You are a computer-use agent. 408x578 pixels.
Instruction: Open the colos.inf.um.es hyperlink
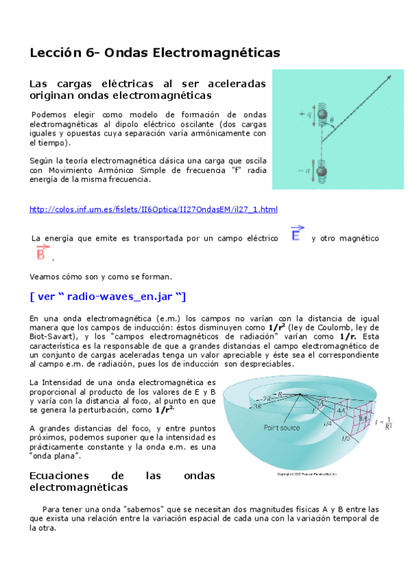153,209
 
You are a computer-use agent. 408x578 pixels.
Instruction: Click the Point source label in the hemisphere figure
283,428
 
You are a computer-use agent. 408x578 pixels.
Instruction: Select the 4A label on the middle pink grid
341,411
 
